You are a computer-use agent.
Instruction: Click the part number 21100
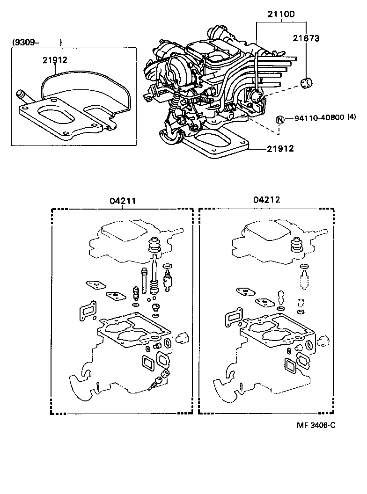point(281,14)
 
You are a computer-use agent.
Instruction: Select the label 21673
point(306,38)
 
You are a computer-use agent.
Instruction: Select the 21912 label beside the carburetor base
point(280,149)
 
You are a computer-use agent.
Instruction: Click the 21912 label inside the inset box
point(55,60)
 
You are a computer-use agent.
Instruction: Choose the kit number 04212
point(267,200)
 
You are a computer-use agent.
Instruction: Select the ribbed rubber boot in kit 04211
point(154,247)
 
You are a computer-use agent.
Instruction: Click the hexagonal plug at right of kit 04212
point(323,342)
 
